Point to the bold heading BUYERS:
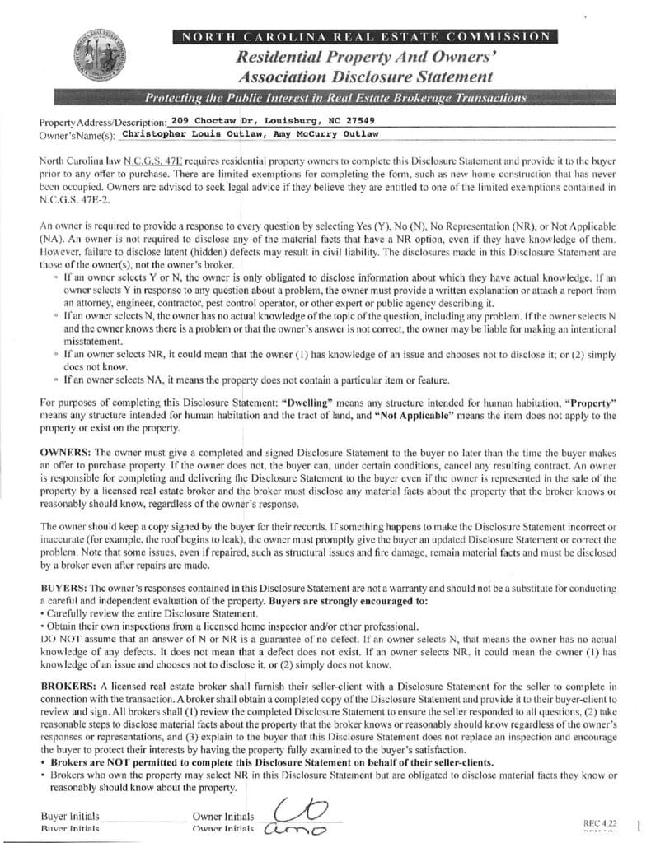coord(63,589)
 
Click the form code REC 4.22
coord(600,822)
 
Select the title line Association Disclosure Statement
coord(365,77)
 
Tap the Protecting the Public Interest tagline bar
coord(335,99)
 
